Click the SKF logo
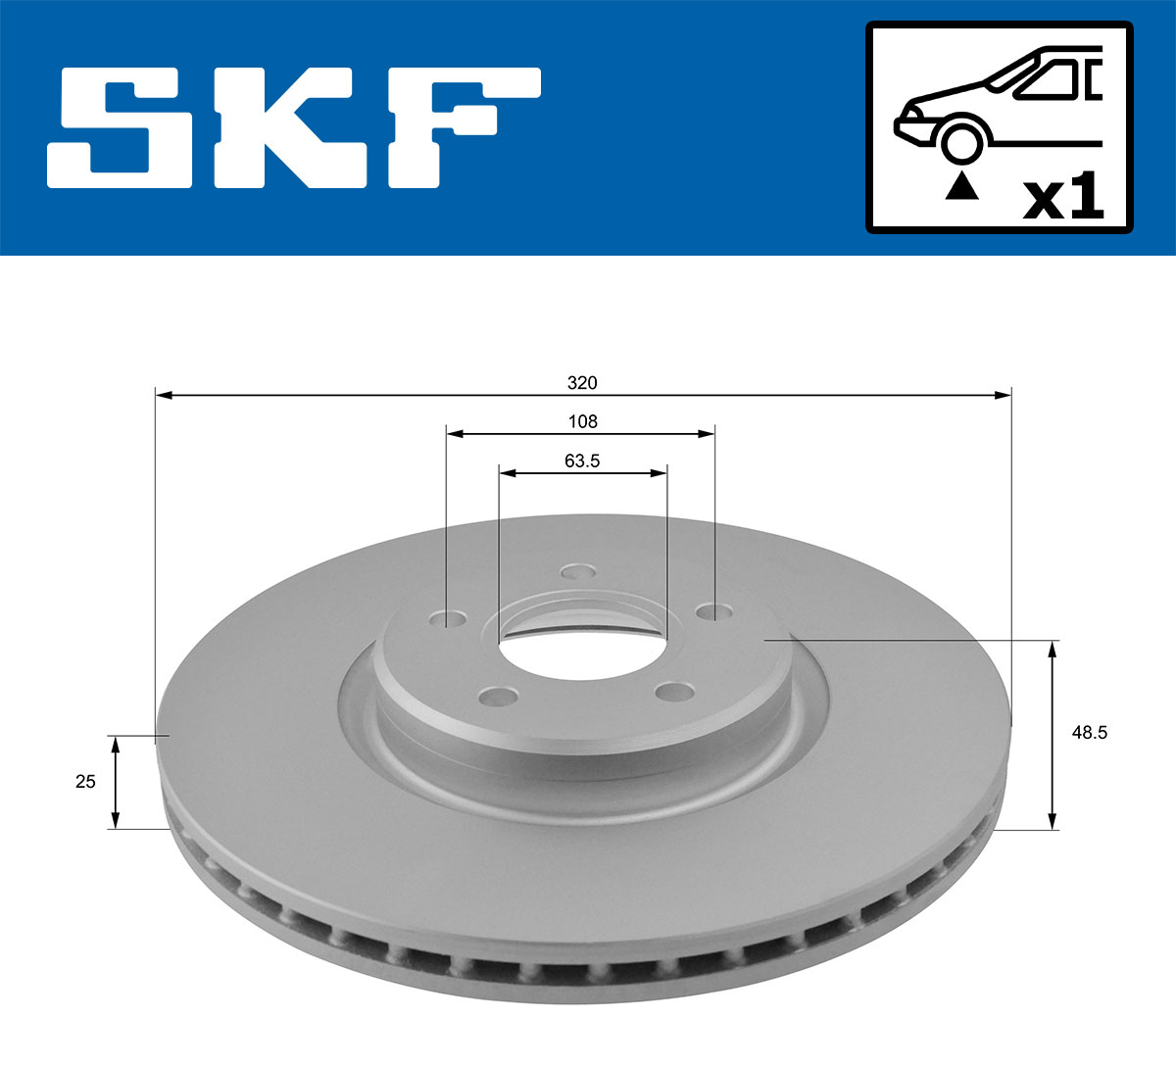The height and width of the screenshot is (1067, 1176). click(x=294, y=127)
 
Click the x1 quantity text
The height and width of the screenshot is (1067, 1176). click(x=1062, y=199)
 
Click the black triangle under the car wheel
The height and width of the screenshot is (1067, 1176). click(x=960, y=185)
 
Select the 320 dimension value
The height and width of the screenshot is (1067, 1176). click(x=582, y=382)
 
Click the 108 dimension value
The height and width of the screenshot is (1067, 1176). click(x=582, y=421)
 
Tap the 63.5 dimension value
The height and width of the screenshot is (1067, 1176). click(x=582, y=461)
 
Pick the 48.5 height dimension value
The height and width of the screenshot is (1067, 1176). click(x=1089, y=732)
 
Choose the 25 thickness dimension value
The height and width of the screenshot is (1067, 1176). click(x=85, y=781)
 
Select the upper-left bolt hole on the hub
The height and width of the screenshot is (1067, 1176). click(x=452, y=619)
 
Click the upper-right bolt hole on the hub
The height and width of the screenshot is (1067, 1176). click(x=712, y=611)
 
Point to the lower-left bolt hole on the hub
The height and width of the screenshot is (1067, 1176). click(x=497, y=697)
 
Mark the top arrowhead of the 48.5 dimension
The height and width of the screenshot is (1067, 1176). click(x=1053, y=649)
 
